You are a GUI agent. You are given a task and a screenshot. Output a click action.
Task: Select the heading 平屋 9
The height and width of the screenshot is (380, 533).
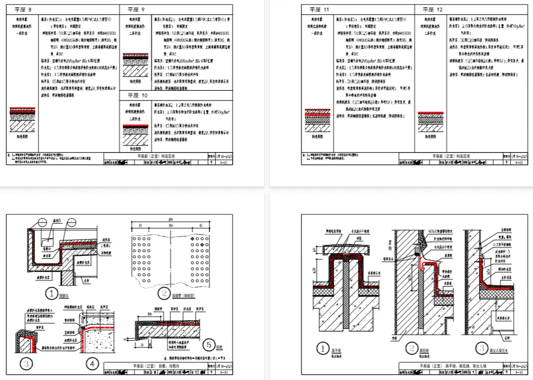(136, 10)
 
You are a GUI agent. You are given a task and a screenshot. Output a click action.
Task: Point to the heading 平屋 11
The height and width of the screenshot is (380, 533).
(319, 10)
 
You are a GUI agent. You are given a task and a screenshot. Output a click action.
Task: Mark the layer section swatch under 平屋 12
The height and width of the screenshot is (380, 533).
(432, 120)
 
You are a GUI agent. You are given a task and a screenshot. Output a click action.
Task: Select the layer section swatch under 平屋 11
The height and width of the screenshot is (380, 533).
(317, 119)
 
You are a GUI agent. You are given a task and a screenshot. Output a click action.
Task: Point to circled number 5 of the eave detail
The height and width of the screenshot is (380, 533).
(209, 344)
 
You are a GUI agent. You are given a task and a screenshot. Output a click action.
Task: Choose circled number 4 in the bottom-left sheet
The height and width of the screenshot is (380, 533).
(92, 364)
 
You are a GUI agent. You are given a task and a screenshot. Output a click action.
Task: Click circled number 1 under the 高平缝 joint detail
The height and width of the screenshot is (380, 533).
(322, 349)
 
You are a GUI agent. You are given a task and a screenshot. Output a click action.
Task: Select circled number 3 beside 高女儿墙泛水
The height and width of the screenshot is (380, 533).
(481, 349)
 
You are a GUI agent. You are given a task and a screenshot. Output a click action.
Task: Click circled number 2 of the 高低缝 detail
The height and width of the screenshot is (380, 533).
(411, 349)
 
